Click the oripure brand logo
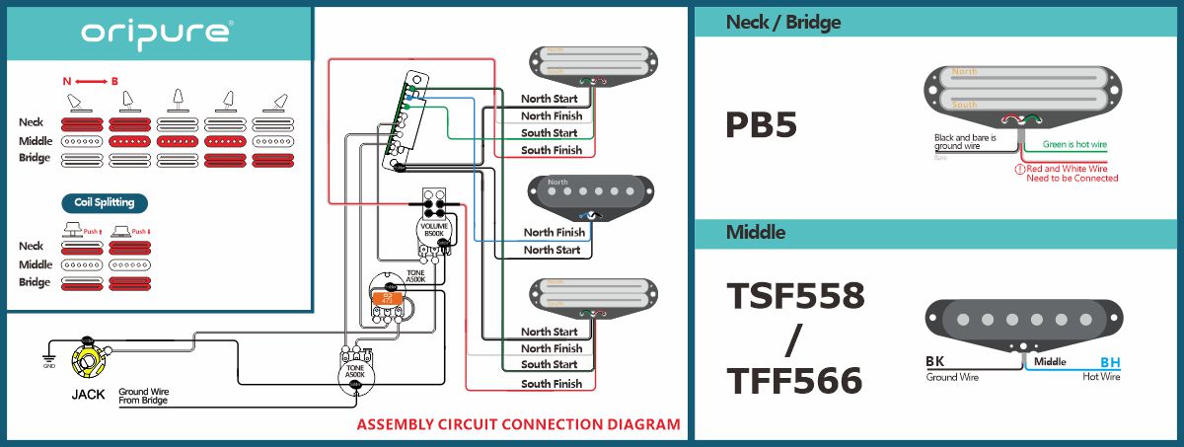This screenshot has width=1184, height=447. pos(156,33)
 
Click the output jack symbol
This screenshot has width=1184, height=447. pos(88,359)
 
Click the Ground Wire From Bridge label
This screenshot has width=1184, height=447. pos(143,397)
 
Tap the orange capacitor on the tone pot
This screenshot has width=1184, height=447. pos(388,296)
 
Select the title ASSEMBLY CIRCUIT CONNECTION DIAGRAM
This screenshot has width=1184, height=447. pos(518,425)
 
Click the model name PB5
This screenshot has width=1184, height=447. pos(761,125)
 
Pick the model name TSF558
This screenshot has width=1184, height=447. pos(795,295)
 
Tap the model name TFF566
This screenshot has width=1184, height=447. pos(795,381)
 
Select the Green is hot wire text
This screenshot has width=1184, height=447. pos(1074,145)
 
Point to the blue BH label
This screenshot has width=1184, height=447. pos(1110,362)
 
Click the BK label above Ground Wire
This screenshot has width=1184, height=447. pos(934,362)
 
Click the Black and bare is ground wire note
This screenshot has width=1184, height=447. pos(965,141)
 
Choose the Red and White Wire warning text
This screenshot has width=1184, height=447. pos(1072,174)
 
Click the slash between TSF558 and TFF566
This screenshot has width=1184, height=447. pos(795,338)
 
